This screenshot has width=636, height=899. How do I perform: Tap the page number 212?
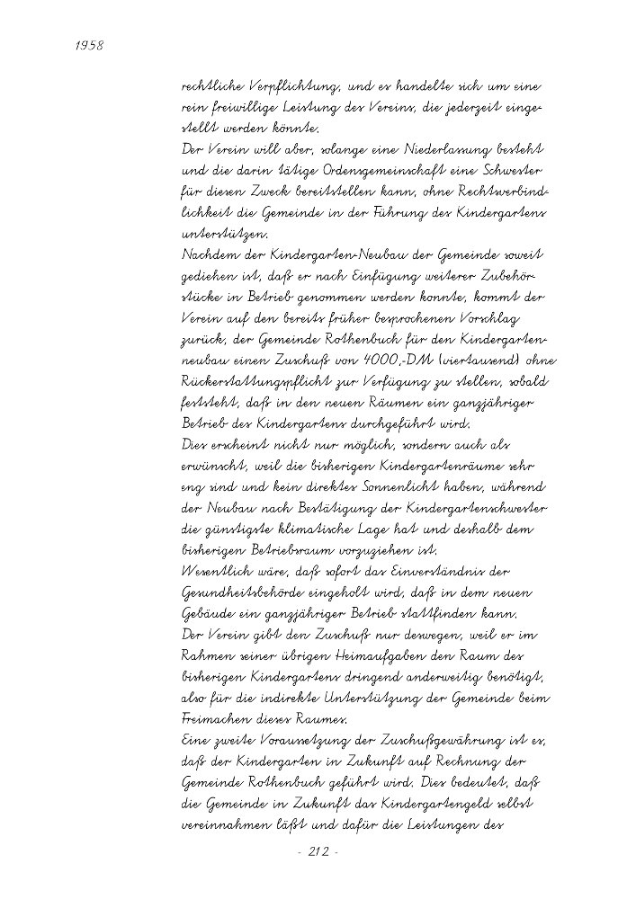point(317,851)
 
